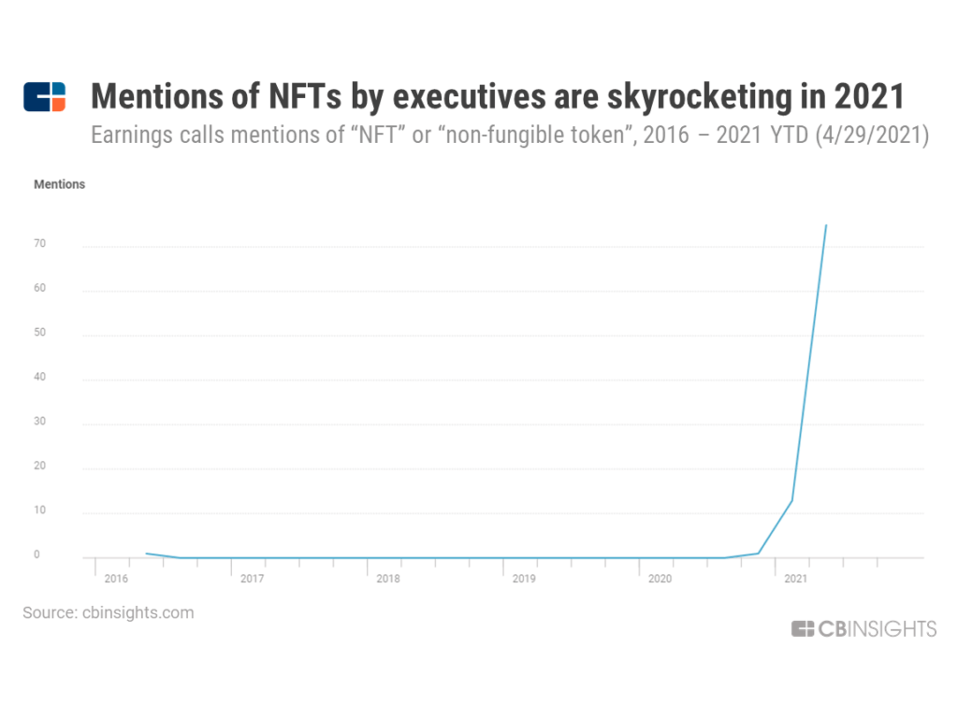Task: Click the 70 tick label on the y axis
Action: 39,244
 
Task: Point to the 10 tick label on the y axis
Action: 39,511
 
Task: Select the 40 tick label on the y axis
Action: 39,378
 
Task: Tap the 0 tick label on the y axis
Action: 36,555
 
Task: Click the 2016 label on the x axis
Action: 116,580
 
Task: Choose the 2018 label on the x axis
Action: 387,580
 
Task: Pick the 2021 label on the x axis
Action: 794,580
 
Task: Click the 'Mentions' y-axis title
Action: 59,184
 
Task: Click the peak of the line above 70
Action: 826,224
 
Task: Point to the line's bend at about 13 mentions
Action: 792,500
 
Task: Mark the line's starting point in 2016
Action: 146,553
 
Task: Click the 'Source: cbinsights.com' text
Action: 109,613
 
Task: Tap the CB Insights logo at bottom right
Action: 864,629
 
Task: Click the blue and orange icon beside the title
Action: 45,96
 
